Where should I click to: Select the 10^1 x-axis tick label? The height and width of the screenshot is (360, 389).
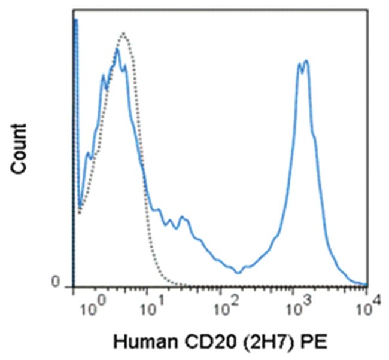click(153, 309)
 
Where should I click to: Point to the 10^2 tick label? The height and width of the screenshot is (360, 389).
click(226, 309)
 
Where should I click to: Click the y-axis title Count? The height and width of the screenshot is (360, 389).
click(20, 149)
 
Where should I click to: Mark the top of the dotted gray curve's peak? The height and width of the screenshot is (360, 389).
click(123, 33)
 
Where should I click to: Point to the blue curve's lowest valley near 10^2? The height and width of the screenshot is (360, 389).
click(239, 273)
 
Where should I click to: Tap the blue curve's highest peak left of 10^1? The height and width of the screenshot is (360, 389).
click(117, 50)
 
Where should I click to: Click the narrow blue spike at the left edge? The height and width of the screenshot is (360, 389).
click(76, 21)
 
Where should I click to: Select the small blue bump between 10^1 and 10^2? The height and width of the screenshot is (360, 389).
click(183, 218)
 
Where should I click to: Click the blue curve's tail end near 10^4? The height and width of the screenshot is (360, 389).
click(363, 283)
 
